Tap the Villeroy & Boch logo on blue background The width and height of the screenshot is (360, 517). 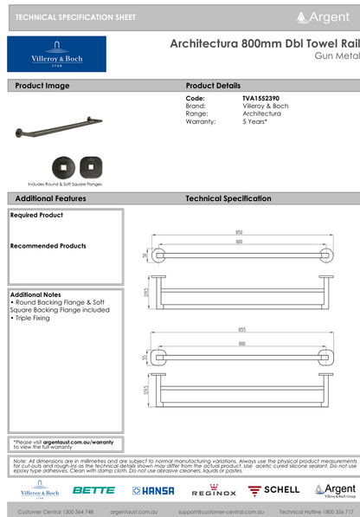(56, 55)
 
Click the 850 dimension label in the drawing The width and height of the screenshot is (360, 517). (237, 232)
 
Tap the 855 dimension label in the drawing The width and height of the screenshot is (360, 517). (239, 330)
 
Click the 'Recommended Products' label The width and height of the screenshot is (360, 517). (48, 246)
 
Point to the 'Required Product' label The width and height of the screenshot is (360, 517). (36, 215)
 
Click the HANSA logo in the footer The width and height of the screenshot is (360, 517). (153, 490)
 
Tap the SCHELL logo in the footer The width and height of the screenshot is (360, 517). (275, 490)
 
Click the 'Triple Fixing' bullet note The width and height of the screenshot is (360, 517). (32, 318)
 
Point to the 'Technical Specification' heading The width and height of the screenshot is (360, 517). (228, 198)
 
